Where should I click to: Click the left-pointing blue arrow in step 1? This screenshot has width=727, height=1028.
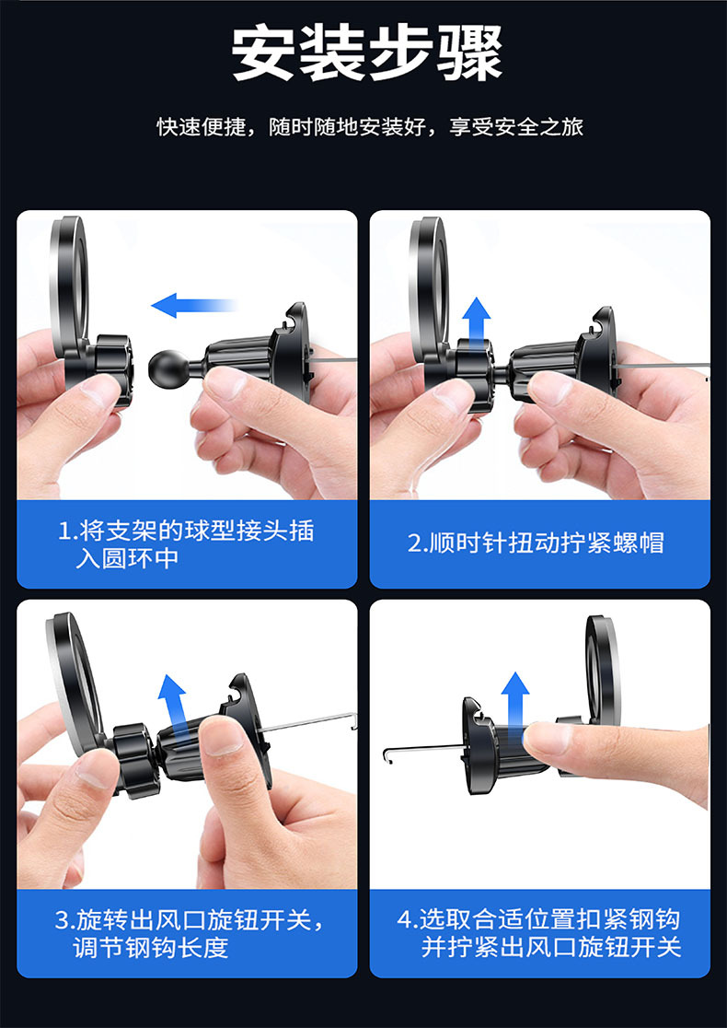coord(193,305)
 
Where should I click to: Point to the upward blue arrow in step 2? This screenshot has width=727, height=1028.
coord(477,321)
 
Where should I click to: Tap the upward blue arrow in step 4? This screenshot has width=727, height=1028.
coord(515,705)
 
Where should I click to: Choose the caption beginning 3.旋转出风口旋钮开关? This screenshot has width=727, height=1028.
coord(190,933)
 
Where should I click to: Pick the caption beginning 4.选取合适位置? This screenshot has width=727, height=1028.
coord(539,933)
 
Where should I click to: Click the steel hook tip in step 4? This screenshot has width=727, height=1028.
coord(387,754)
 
